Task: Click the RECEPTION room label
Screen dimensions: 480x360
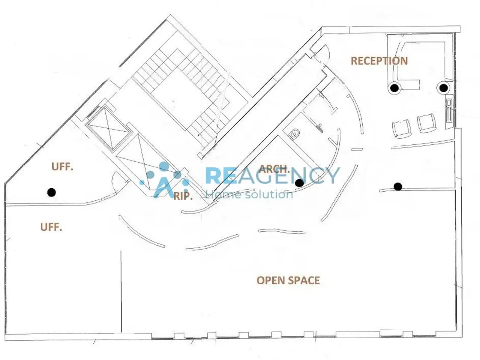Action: (379, 61)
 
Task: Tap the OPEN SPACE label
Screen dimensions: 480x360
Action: (288, 280)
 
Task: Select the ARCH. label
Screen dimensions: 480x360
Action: (274, 169)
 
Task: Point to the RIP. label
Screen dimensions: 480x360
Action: (183, 196)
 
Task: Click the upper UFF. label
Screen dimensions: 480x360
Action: (62, 167)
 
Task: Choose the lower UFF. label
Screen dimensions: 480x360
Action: (51, 227)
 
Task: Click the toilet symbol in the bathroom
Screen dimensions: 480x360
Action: (294, 133)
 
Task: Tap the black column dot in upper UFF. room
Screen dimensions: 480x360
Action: (51, 192)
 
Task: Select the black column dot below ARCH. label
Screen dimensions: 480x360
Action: (299, 183)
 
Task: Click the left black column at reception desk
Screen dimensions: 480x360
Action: (394, 88)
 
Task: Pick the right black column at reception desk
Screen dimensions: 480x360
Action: (444, 88)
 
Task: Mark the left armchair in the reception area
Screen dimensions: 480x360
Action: (402, 129)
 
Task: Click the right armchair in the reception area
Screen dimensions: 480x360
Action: (426, 123)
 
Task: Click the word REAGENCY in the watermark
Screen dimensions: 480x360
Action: (273, 175)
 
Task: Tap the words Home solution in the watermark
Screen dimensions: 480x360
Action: (249, 194)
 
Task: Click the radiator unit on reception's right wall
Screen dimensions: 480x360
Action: (449, 112)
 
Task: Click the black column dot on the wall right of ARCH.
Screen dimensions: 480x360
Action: (398, 187)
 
